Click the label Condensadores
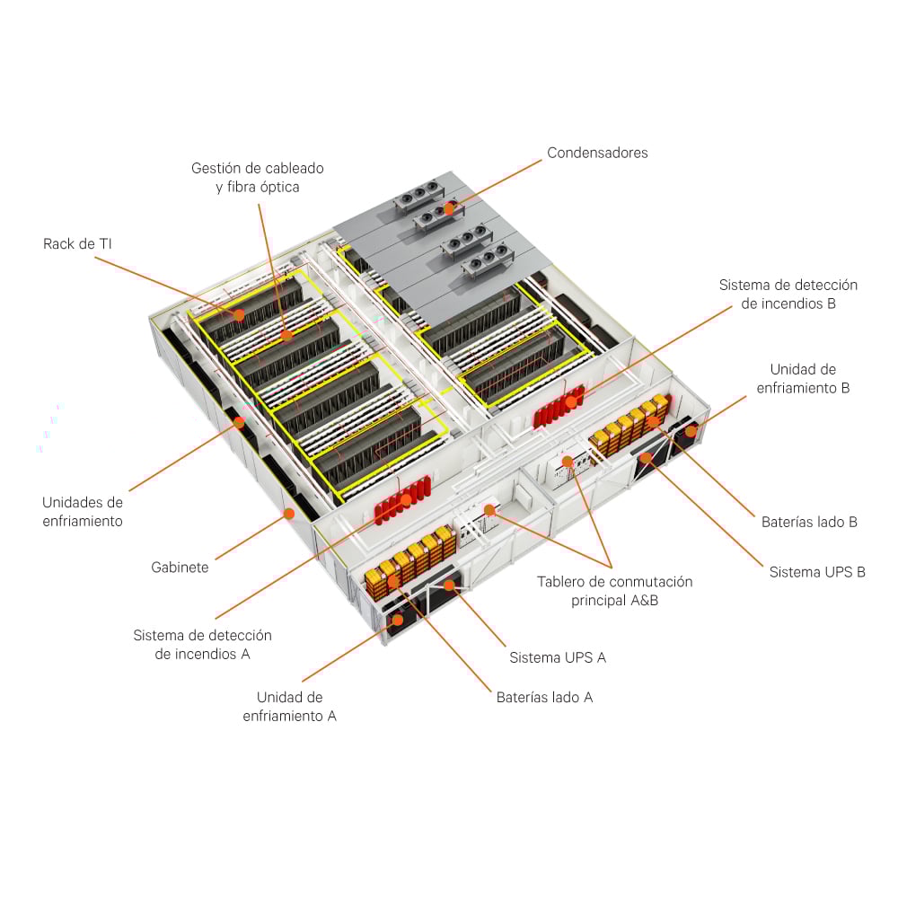(x=597, y=153)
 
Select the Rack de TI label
(x=77, y=243)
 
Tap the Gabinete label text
(x=180, y=568)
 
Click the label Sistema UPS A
(x=558, y=657)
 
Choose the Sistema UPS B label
(x=817, y=572)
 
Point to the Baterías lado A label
(x=544, y=697)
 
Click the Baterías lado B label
(x=809, y=522)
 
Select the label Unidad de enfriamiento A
(x=289, y=706)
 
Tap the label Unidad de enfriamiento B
(x=803, y=378)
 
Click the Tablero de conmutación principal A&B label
(x=614, y=591)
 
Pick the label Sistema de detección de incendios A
(x=202, y=644)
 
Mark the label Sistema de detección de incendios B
(x=788, y=295)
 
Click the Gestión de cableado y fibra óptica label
(x=258, y=178)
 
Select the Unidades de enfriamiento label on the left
(x=83, y=511)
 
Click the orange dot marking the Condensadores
(x=449, y=208)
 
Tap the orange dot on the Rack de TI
(x=239, y=314)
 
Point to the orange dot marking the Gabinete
(x=288, y=514)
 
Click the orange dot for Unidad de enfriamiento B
(x=691, y=432)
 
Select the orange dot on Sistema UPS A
(x=449, y=585)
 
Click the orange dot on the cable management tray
(x=286, y=335)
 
